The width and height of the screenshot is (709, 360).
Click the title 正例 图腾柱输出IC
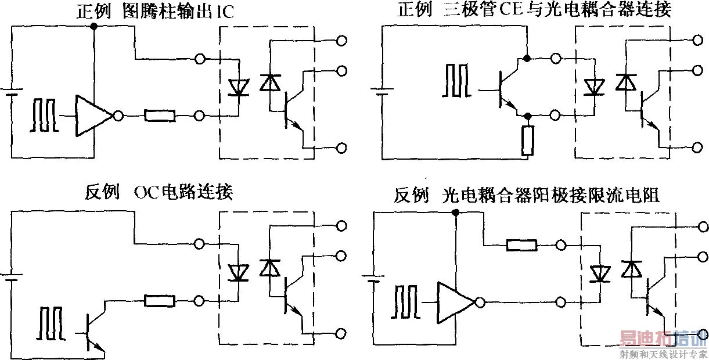(x=155, y=12)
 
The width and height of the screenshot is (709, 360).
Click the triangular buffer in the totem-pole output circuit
(x=93, y=116)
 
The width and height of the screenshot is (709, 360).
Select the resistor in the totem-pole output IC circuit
(x=160, y=116)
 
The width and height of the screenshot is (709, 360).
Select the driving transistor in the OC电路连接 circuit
(x=93, y=333)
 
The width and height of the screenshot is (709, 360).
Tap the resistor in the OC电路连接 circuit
(x=159, y=301)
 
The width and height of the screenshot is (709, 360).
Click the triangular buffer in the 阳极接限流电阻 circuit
(x=456, y=303)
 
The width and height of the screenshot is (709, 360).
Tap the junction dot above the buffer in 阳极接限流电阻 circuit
(x=456, y=213)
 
